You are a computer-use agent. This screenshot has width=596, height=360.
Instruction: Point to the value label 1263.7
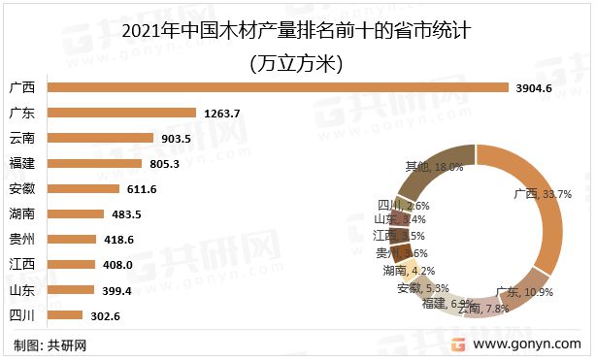pos(221,114)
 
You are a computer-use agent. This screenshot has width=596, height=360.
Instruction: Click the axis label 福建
pos(21,163)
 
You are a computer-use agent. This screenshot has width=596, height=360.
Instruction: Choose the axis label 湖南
pos(21,213)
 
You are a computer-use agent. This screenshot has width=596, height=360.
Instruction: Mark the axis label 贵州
pos(21,239)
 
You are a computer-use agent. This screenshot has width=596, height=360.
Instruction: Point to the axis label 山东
pos(21,289)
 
